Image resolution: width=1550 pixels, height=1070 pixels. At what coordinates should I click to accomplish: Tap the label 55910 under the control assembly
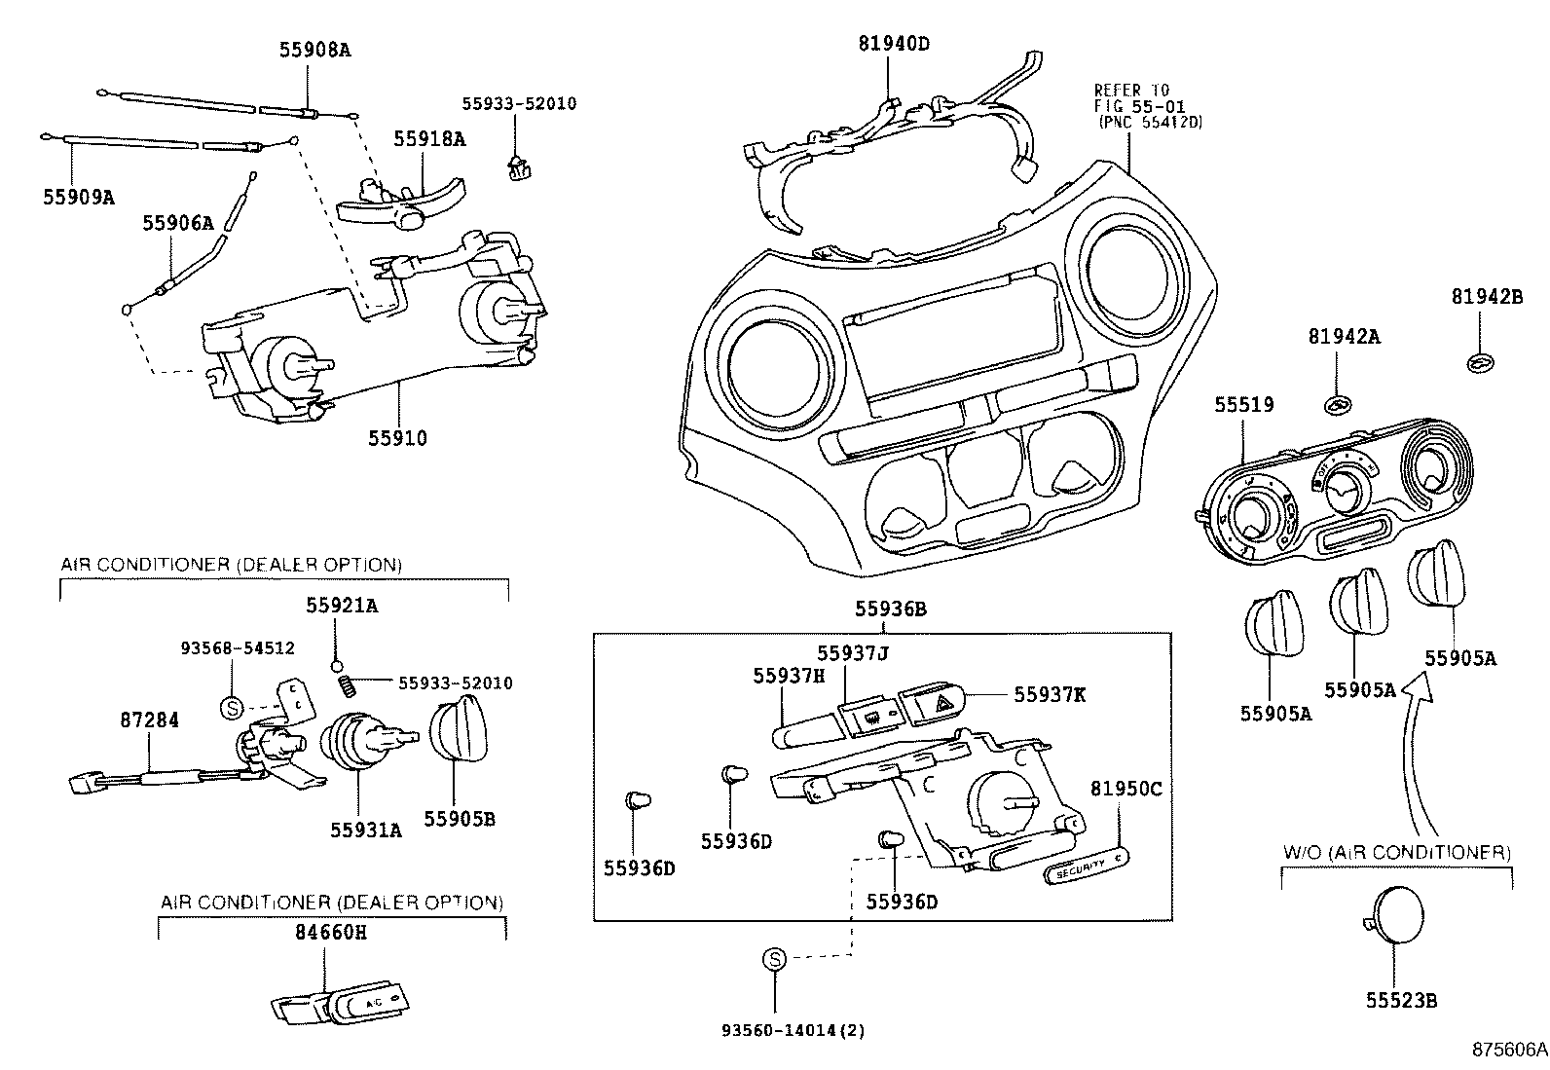point(397,438)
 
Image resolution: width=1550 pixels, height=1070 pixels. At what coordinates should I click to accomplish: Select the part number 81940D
point(894,43)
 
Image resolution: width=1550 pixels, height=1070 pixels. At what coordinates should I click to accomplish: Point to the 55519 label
point(1243,404)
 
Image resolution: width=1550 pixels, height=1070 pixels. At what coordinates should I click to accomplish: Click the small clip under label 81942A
point(1340,404)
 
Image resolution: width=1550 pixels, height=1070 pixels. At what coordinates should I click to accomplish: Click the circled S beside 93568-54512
point(232,708)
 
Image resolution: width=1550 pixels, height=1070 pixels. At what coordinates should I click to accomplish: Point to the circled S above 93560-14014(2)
point(774,959)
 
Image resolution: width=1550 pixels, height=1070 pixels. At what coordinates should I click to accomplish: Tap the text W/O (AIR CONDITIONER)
point(1396,853)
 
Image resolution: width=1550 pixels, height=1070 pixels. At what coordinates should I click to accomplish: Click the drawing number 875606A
point(1508,1050)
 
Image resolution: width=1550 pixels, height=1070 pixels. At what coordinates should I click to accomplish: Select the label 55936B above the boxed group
point(891,609)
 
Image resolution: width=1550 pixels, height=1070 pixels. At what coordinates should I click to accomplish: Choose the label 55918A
point(429,138)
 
